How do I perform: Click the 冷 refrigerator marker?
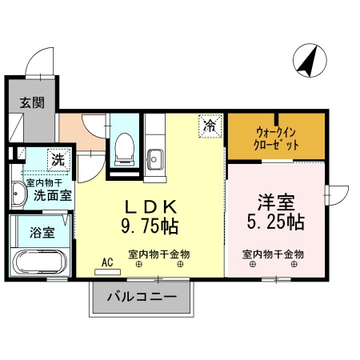[x=209, y=126]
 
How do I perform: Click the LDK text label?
[x=150, y=203]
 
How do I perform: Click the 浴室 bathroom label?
[x=42, y=233]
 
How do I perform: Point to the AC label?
[x=107, y=260]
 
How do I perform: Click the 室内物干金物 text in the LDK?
[x=158, y=254]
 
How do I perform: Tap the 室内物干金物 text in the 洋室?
[x=274, y=254]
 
